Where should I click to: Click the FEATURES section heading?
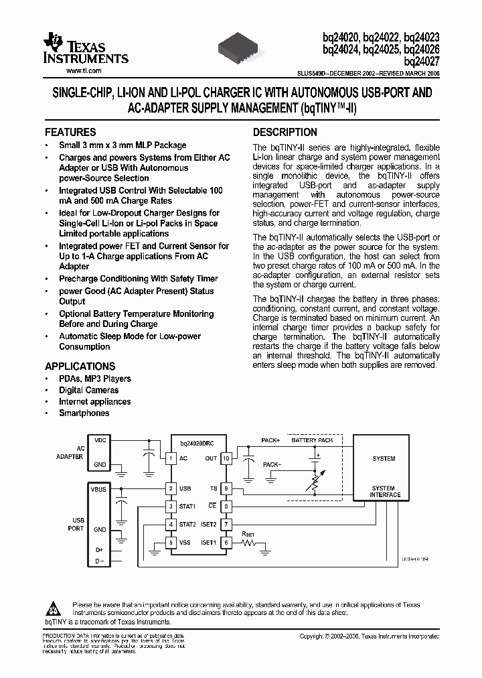70,132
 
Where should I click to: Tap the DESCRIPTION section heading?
285,132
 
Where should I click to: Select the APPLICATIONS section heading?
80,366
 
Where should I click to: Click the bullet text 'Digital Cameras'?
88,390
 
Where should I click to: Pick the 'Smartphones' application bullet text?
84,413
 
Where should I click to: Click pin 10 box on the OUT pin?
226,458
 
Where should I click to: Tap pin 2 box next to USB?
171,489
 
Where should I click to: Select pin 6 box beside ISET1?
226,543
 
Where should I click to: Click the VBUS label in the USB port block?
98,490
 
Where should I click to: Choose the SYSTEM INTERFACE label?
384,492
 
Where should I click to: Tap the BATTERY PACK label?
312,441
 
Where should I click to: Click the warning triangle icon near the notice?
52,608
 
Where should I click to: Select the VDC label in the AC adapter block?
100,440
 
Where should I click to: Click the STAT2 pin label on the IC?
187,524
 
